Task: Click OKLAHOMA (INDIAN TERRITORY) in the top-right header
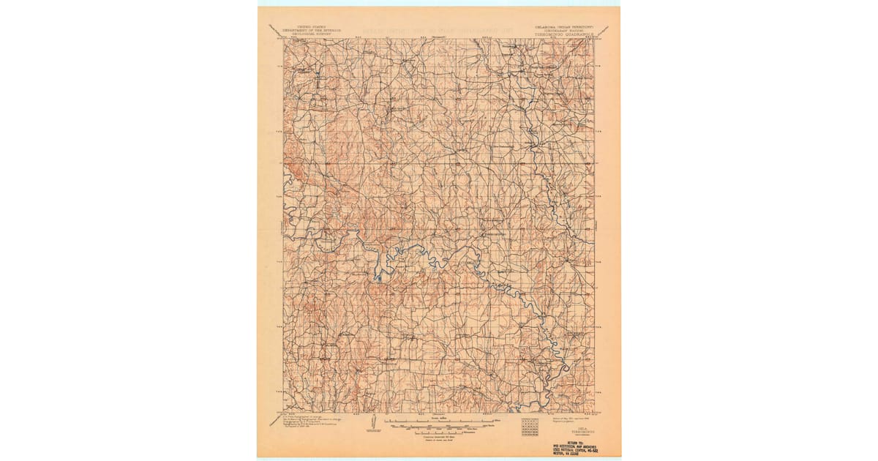click(564, 24)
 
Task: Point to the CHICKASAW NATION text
click(564, 29)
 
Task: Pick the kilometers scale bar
click(439, 430)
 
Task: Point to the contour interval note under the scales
click(439, 437)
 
